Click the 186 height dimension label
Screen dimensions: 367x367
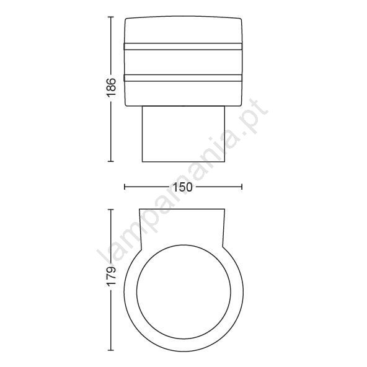(111, 87)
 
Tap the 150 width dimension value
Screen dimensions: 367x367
(182, 187)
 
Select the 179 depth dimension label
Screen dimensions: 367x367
(111, 275)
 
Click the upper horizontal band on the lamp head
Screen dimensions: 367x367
(183, 46)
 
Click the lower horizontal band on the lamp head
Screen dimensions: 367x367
(183, 78)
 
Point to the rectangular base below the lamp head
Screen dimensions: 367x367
(183, 134)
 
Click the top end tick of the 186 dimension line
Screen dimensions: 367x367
(111, 17)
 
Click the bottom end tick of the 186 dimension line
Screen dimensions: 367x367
(111, 161)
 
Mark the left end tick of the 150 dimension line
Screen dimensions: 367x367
(125, 187)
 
